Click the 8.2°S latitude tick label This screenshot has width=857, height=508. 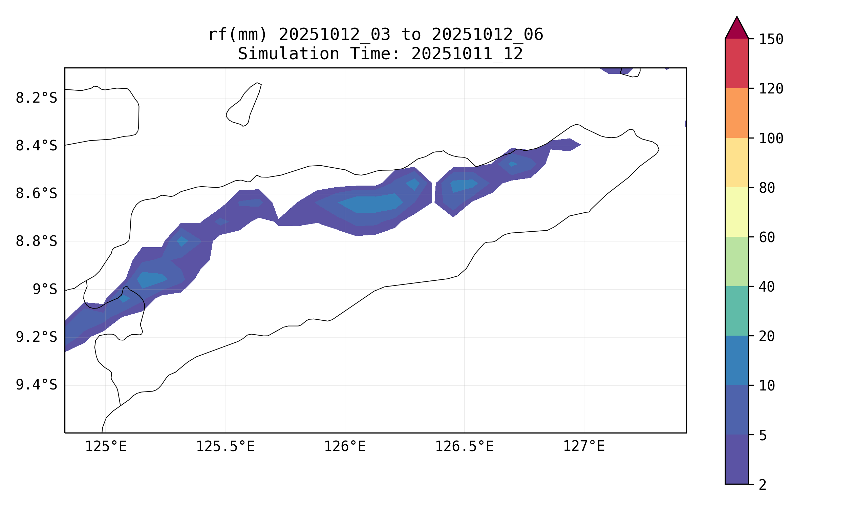click(36, 98)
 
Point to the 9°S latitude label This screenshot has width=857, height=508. click(45, 290)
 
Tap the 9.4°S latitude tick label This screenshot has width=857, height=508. click(36, 385)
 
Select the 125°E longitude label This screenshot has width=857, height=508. click(106, 446)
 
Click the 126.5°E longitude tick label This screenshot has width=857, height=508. click(464, 446)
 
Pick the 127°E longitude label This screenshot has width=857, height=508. click(584, 446)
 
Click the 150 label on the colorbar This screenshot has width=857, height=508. click(771, 39)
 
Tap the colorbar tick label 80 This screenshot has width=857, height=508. click(767, 188)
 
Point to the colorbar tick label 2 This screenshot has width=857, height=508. click(763, 485)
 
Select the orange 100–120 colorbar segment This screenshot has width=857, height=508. click(736, 113)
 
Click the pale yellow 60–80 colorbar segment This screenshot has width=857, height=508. click(736, 212)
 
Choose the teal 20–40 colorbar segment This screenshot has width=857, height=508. click(736, 311)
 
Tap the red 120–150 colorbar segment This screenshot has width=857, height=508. click(736, 63)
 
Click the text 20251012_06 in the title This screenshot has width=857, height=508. click(487, 35)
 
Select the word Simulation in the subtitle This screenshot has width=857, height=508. click(288, 54)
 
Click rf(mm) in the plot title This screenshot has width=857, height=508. click(237, 35)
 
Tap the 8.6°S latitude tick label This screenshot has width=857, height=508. click(36, 194)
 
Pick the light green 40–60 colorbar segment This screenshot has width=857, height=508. click(736, 261)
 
